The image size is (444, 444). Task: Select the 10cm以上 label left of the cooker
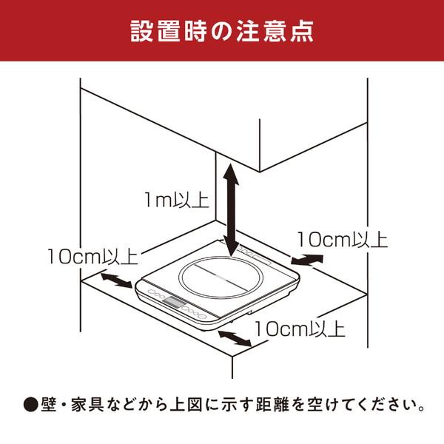[x=91, y=257]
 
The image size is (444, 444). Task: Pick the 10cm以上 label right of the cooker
[x=342, y=239]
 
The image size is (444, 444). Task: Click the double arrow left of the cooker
[x=113, y=282]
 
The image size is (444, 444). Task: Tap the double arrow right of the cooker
[x=308, y=260]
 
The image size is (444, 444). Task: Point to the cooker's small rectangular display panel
[x=175, y=302]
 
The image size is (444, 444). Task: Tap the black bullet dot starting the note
[x=30, y=406]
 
